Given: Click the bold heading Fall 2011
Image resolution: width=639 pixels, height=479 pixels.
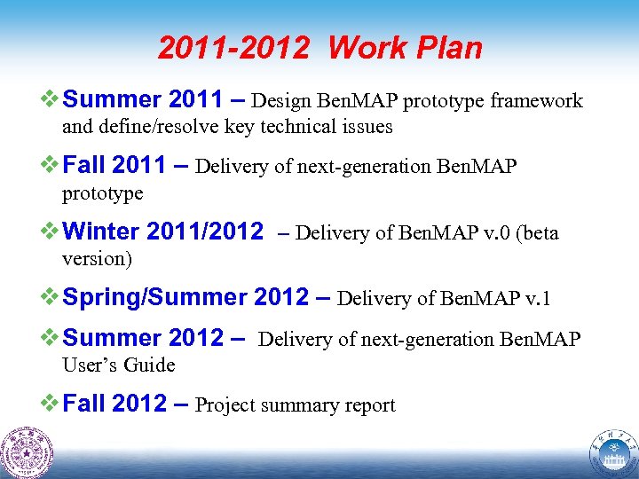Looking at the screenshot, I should [x=115, y=165].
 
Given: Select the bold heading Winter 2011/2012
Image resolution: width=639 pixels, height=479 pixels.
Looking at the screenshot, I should [x=164, y=232].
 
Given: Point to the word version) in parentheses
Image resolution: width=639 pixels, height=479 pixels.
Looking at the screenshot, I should [x=97, y=259].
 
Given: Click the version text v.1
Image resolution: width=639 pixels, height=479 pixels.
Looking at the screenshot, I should [x=535, y=298].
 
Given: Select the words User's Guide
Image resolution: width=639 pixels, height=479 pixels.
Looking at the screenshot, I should [x=118, y=365].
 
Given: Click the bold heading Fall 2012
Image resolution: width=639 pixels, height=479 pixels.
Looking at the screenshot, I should [x=115, y=404].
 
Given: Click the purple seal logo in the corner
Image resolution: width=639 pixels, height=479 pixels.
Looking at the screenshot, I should [x=28, y=452].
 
